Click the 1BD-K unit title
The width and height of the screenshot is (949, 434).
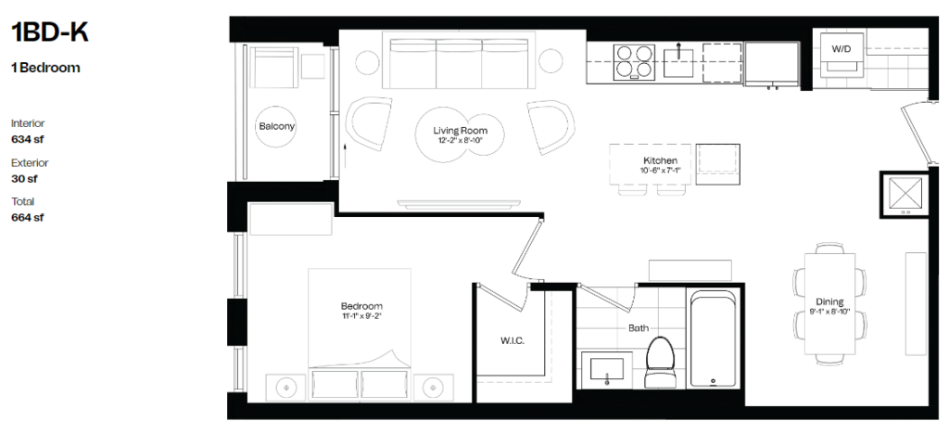50,32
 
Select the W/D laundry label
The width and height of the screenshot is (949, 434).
841,49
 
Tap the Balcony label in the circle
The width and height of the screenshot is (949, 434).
276,126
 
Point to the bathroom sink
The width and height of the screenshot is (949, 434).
606,369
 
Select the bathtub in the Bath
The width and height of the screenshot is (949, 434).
713,339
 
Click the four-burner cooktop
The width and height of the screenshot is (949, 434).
634,62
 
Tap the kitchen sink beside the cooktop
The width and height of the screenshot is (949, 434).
679,62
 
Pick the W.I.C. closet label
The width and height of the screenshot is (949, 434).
512,340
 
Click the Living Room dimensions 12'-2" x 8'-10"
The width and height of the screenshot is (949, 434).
460,140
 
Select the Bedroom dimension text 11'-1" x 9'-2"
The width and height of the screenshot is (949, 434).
361,315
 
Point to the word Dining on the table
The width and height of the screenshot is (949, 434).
829,302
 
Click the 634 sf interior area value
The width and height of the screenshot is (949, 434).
28,139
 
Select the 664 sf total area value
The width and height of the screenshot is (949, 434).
28,217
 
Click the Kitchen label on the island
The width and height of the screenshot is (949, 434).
660,161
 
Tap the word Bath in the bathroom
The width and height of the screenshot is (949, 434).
639,328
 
